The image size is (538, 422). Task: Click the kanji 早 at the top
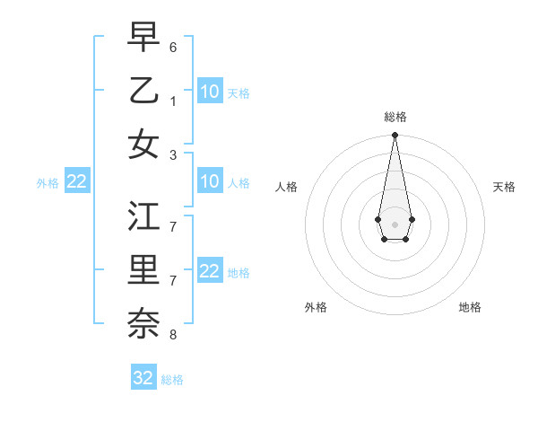pos(143,38)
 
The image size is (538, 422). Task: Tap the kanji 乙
pos(143,91)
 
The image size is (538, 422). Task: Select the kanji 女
pos(143,144)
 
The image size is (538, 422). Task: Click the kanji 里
pos(143,270)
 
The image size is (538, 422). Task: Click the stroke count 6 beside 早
pos(173,47)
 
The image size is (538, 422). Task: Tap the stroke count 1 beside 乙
pos(173,101)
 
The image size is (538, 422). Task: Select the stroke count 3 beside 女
pos(173,154)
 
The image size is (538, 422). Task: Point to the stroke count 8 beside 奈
pos(173,334)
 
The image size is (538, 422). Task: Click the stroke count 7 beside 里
pos(173,280)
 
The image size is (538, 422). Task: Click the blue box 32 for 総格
pos(143,377)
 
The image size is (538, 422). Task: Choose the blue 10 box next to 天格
pos(210,91)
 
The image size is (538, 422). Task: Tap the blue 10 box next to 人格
pos(210,181)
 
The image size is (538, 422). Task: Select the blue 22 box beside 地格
pos(210,271)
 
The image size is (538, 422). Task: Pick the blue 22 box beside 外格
pos(77,181)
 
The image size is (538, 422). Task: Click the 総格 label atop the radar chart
pos(395,117)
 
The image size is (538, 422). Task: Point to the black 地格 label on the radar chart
pos(470,307)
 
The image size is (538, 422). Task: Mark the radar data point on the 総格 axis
pos(395,135)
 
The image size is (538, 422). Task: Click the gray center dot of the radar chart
pos(395,223)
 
